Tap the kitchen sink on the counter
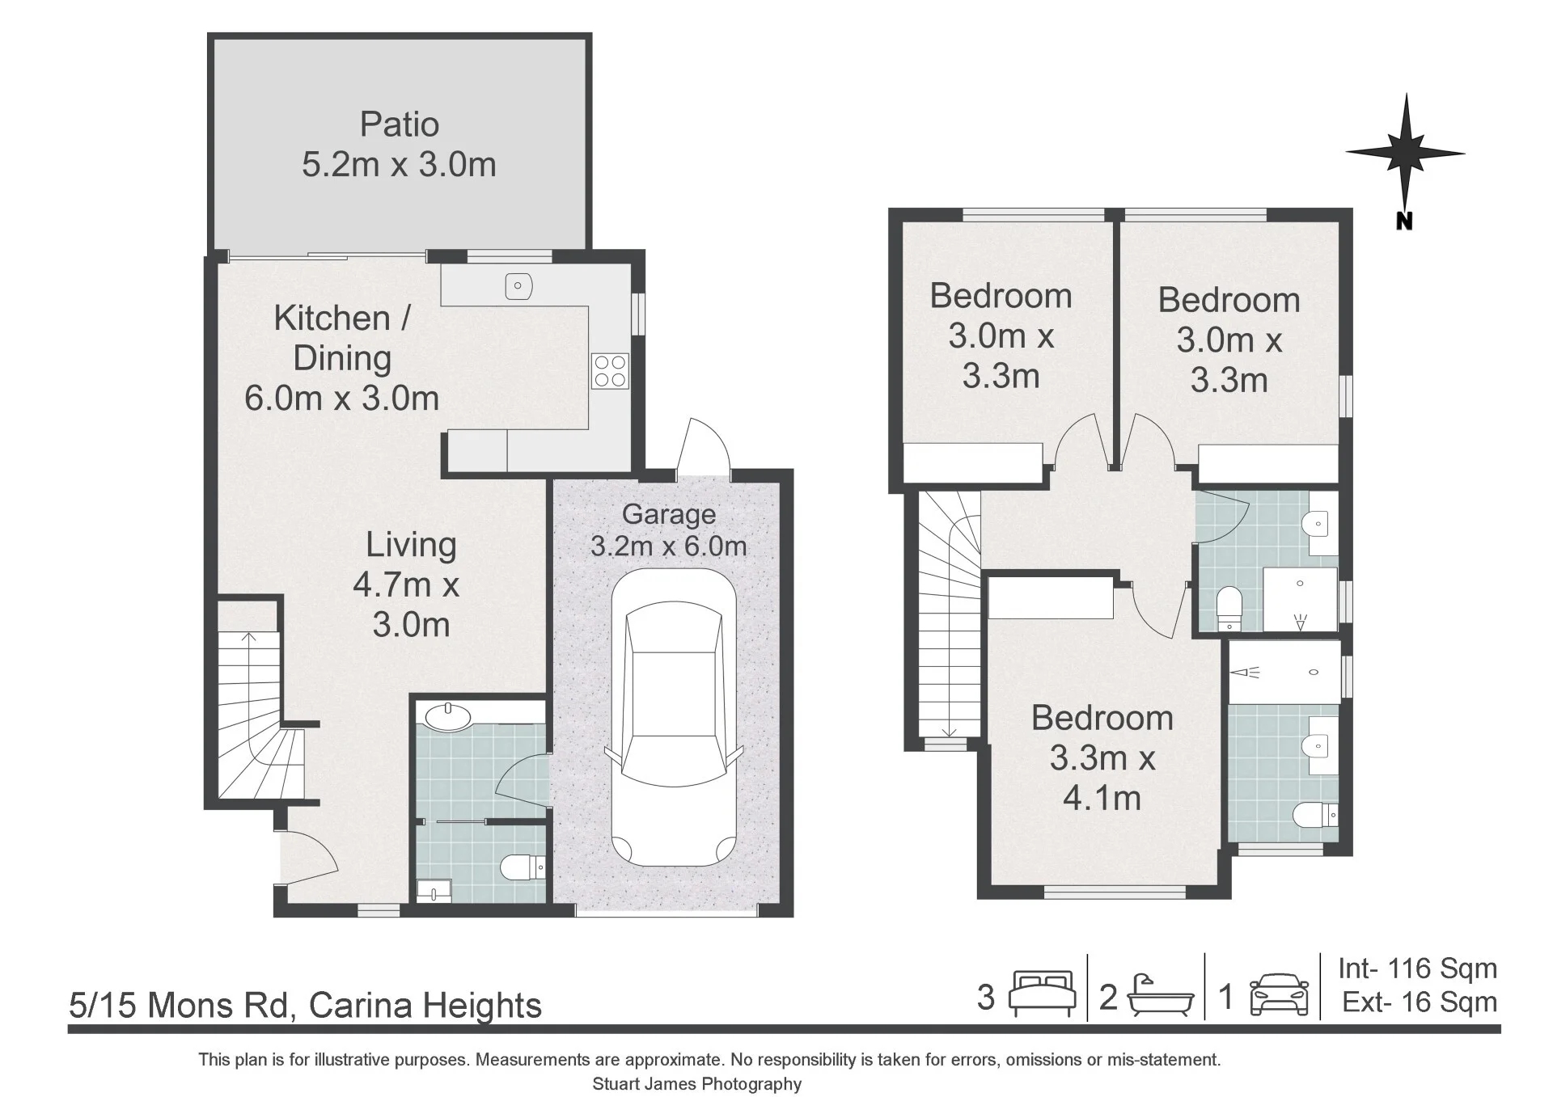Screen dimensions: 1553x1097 pos(518,286)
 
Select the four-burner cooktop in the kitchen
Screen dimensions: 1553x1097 pos(610,371)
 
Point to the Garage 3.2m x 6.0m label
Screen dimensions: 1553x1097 pos(669,530)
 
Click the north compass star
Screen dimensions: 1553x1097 pos(1405,152)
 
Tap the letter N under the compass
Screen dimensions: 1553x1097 pos(1404,222)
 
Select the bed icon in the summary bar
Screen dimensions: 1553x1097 pos(1042,994)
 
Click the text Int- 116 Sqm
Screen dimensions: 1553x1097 pos(1417,968)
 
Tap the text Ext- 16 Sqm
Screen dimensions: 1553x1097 pos(1420,1002)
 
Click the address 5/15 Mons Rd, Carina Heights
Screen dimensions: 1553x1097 pos(306,1005)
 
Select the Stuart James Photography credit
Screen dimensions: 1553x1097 pos(697,1084)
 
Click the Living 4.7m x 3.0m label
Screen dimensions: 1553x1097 pos(410,584)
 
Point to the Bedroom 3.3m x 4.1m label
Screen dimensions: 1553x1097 pos(1102,757)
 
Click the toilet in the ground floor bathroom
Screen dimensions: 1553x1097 pos(523,867)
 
